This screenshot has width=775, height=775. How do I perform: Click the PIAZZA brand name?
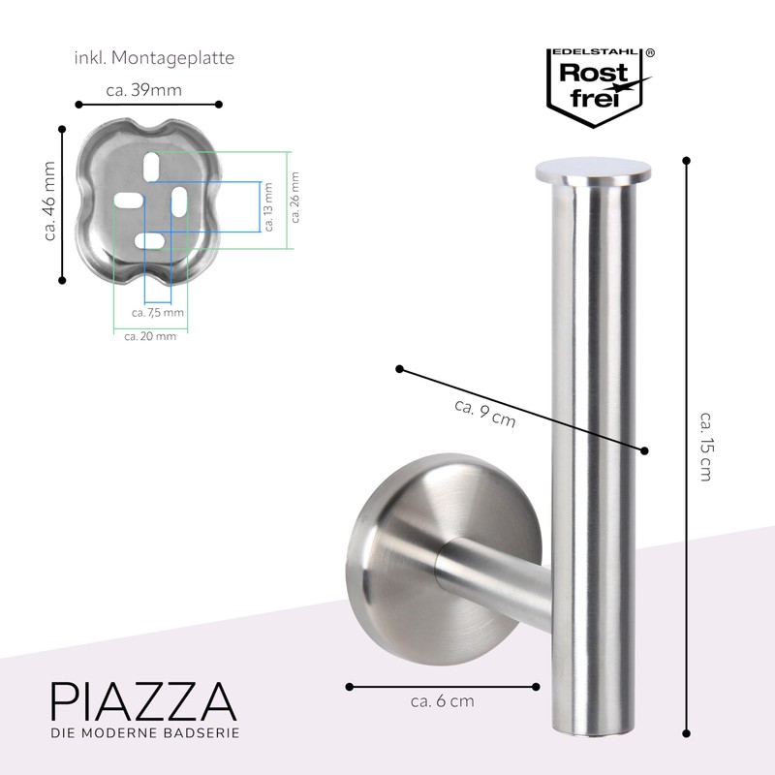142,700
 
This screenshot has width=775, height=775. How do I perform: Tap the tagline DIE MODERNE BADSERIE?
144,733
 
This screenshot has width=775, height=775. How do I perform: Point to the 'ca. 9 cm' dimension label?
484,414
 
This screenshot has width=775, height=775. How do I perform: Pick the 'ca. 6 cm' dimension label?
442,700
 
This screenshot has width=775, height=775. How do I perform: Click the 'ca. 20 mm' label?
151,336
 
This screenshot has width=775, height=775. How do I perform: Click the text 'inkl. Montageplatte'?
154,58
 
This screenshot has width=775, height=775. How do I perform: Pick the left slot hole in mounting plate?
128,201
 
